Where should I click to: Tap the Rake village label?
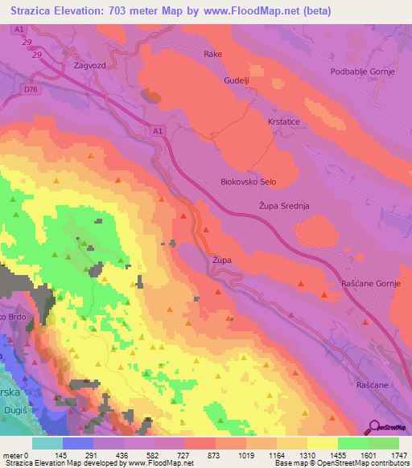tap(212, 55)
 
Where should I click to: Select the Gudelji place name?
tap(238, 82)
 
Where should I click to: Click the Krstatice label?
tap(284, 121)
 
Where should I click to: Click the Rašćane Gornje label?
tap(376, 284)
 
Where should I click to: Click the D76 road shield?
tap(31, 90)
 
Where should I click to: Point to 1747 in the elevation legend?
tap(398, 456)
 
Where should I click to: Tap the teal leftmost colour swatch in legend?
tap(47, 443)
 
